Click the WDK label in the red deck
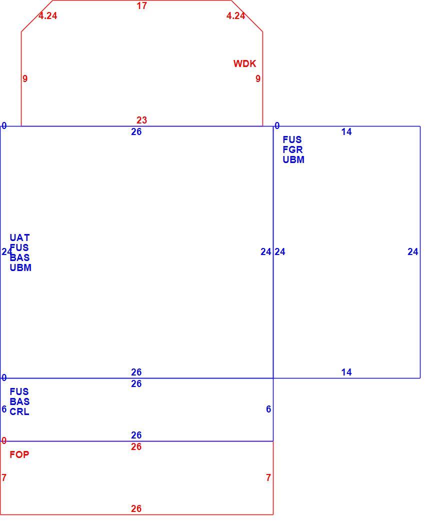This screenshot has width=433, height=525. [244, 63]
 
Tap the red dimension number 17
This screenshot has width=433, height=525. [141, 5]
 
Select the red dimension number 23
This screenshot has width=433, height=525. [141, 120]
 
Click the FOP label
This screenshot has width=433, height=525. [19, 454]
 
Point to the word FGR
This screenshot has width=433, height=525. [292, 149]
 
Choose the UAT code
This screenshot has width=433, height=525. [20, 237]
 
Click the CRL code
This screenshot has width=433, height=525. [19, 411]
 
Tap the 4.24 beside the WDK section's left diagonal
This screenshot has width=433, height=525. [48, 15]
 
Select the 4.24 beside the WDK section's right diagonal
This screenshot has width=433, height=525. [236, 15]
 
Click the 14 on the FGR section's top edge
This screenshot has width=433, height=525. [346, 132]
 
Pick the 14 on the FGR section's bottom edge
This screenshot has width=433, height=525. [346, 372]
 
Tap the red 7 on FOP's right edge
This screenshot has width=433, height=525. [268, 478]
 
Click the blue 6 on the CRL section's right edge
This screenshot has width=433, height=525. [268, 409]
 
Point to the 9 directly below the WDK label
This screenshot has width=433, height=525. [258, 78]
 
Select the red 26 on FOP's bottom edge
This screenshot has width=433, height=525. [136, 508]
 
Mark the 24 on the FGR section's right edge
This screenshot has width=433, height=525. [413, 252]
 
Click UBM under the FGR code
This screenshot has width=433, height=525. [293, 159]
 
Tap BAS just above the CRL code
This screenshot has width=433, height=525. [20, 401]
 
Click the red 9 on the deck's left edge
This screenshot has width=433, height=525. [25, 78]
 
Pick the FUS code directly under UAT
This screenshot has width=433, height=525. [19, 248]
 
